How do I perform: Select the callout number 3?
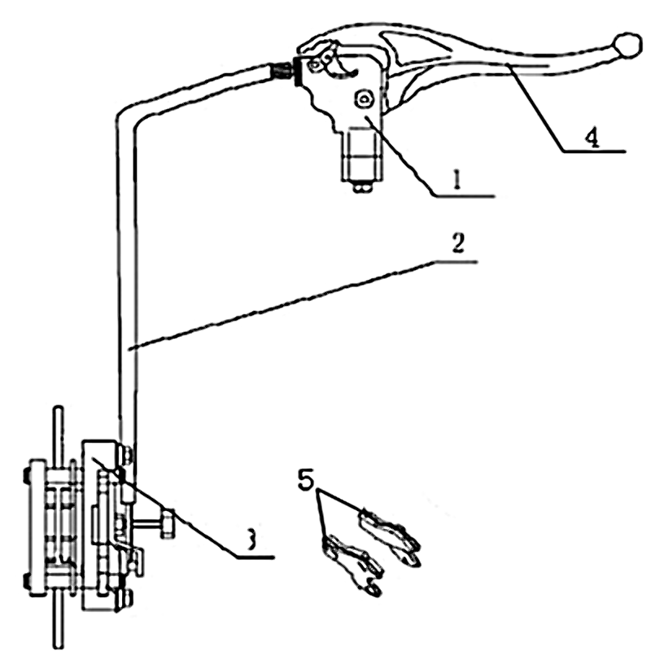(x=253, y=539)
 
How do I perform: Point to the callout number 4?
(x=592, y=138)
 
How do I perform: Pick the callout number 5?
(x=305, y=480)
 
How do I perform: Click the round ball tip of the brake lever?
(x=628, y=44)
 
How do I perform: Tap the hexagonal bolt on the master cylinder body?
(x=363, y=99)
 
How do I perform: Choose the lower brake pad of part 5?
(x=352, y=561)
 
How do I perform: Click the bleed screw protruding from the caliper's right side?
(x=165, y=522)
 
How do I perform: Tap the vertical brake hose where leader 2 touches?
(x=128, y=346)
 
